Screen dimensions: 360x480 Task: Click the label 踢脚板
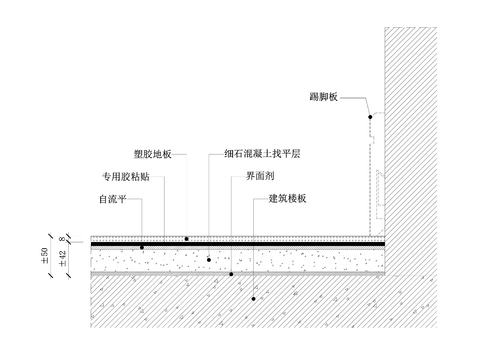tap(326, 97)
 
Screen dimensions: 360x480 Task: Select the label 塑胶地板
tap(153, 155)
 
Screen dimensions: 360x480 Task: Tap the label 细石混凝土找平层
tap(263, 155)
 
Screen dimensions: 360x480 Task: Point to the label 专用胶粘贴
tap(125, 177)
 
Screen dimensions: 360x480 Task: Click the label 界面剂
tap(255, 177)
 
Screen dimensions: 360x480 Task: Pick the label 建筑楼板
tap(286, 198)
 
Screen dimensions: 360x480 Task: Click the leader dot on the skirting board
tap(369, 117)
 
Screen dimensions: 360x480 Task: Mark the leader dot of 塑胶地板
tap(187, 238)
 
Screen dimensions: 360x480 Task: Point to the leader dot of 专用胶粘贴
tap(142, 246)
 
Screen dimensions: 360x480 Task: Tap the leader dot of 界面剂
tap(231, 273)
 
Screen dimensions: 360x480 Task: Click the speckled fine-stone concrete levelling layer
tap(300, 259)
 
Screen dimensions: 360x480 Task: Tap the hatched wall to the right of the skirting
tap(430, 150)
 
